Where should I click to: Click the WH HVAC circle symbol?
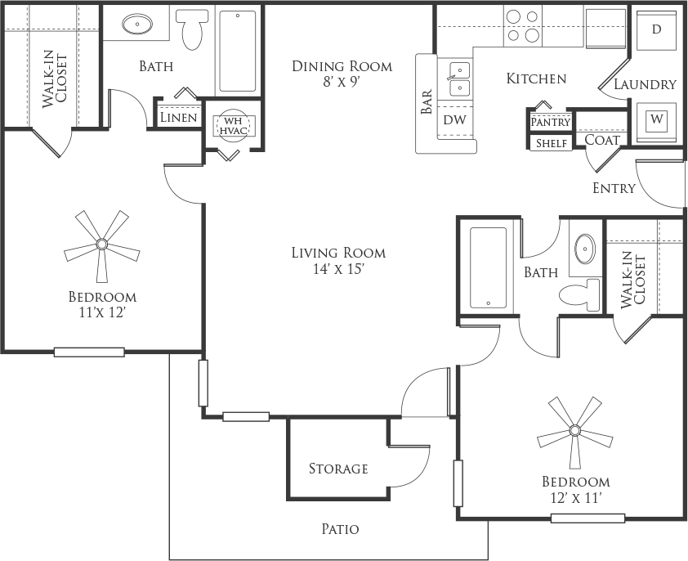tap(234, 126)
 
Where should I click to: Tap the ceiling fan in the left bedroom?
tap(102, 244)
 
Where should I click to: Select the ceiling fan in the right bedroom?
tap(574, 430)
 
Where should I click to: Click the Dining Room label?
tap(342, 66)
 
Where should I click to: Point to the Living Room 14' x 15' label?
tap(339, 261)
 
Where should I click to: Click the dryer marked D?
tap(656, 29)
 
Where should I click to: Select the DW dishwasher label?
tap(454, 119)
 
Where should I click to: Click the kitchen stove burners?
tap(523, 26)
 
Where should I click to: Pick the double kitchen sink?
tap(459, 79)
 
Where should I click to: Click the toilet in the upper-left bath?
tap(191, 29)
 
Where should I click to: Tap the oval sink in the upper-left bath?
tap(137, 24)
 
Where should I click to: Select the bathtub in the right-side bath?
tap(488, 267)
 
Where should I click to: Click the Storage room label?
tap(338, 469)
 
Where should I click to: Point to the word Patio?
tap(340, 529)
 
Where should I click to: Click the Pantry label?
tap(551, 122)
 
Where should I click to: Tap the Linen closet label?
tap(179, 118)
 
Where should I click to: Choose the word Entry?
tap(614, 188)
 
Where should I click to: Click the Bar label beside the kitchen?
tap(427, 101)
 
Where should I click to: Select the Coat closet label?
tap(602, 140)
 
